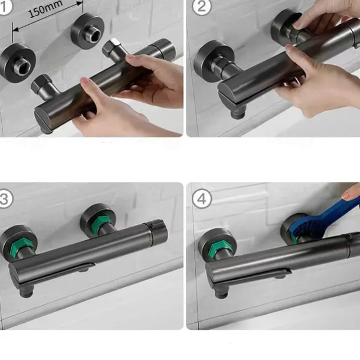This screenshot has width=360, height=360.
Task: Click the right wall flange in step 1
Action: [x=87, y=30]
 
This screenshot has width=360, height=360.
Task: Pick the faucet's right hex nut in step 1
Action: [x=113, y=50]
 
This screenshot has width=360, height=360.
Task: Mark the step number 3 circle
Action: [x=5, y=198]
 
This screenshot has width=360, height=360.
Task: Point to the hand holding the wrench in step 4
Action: [x=352, y=192]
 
